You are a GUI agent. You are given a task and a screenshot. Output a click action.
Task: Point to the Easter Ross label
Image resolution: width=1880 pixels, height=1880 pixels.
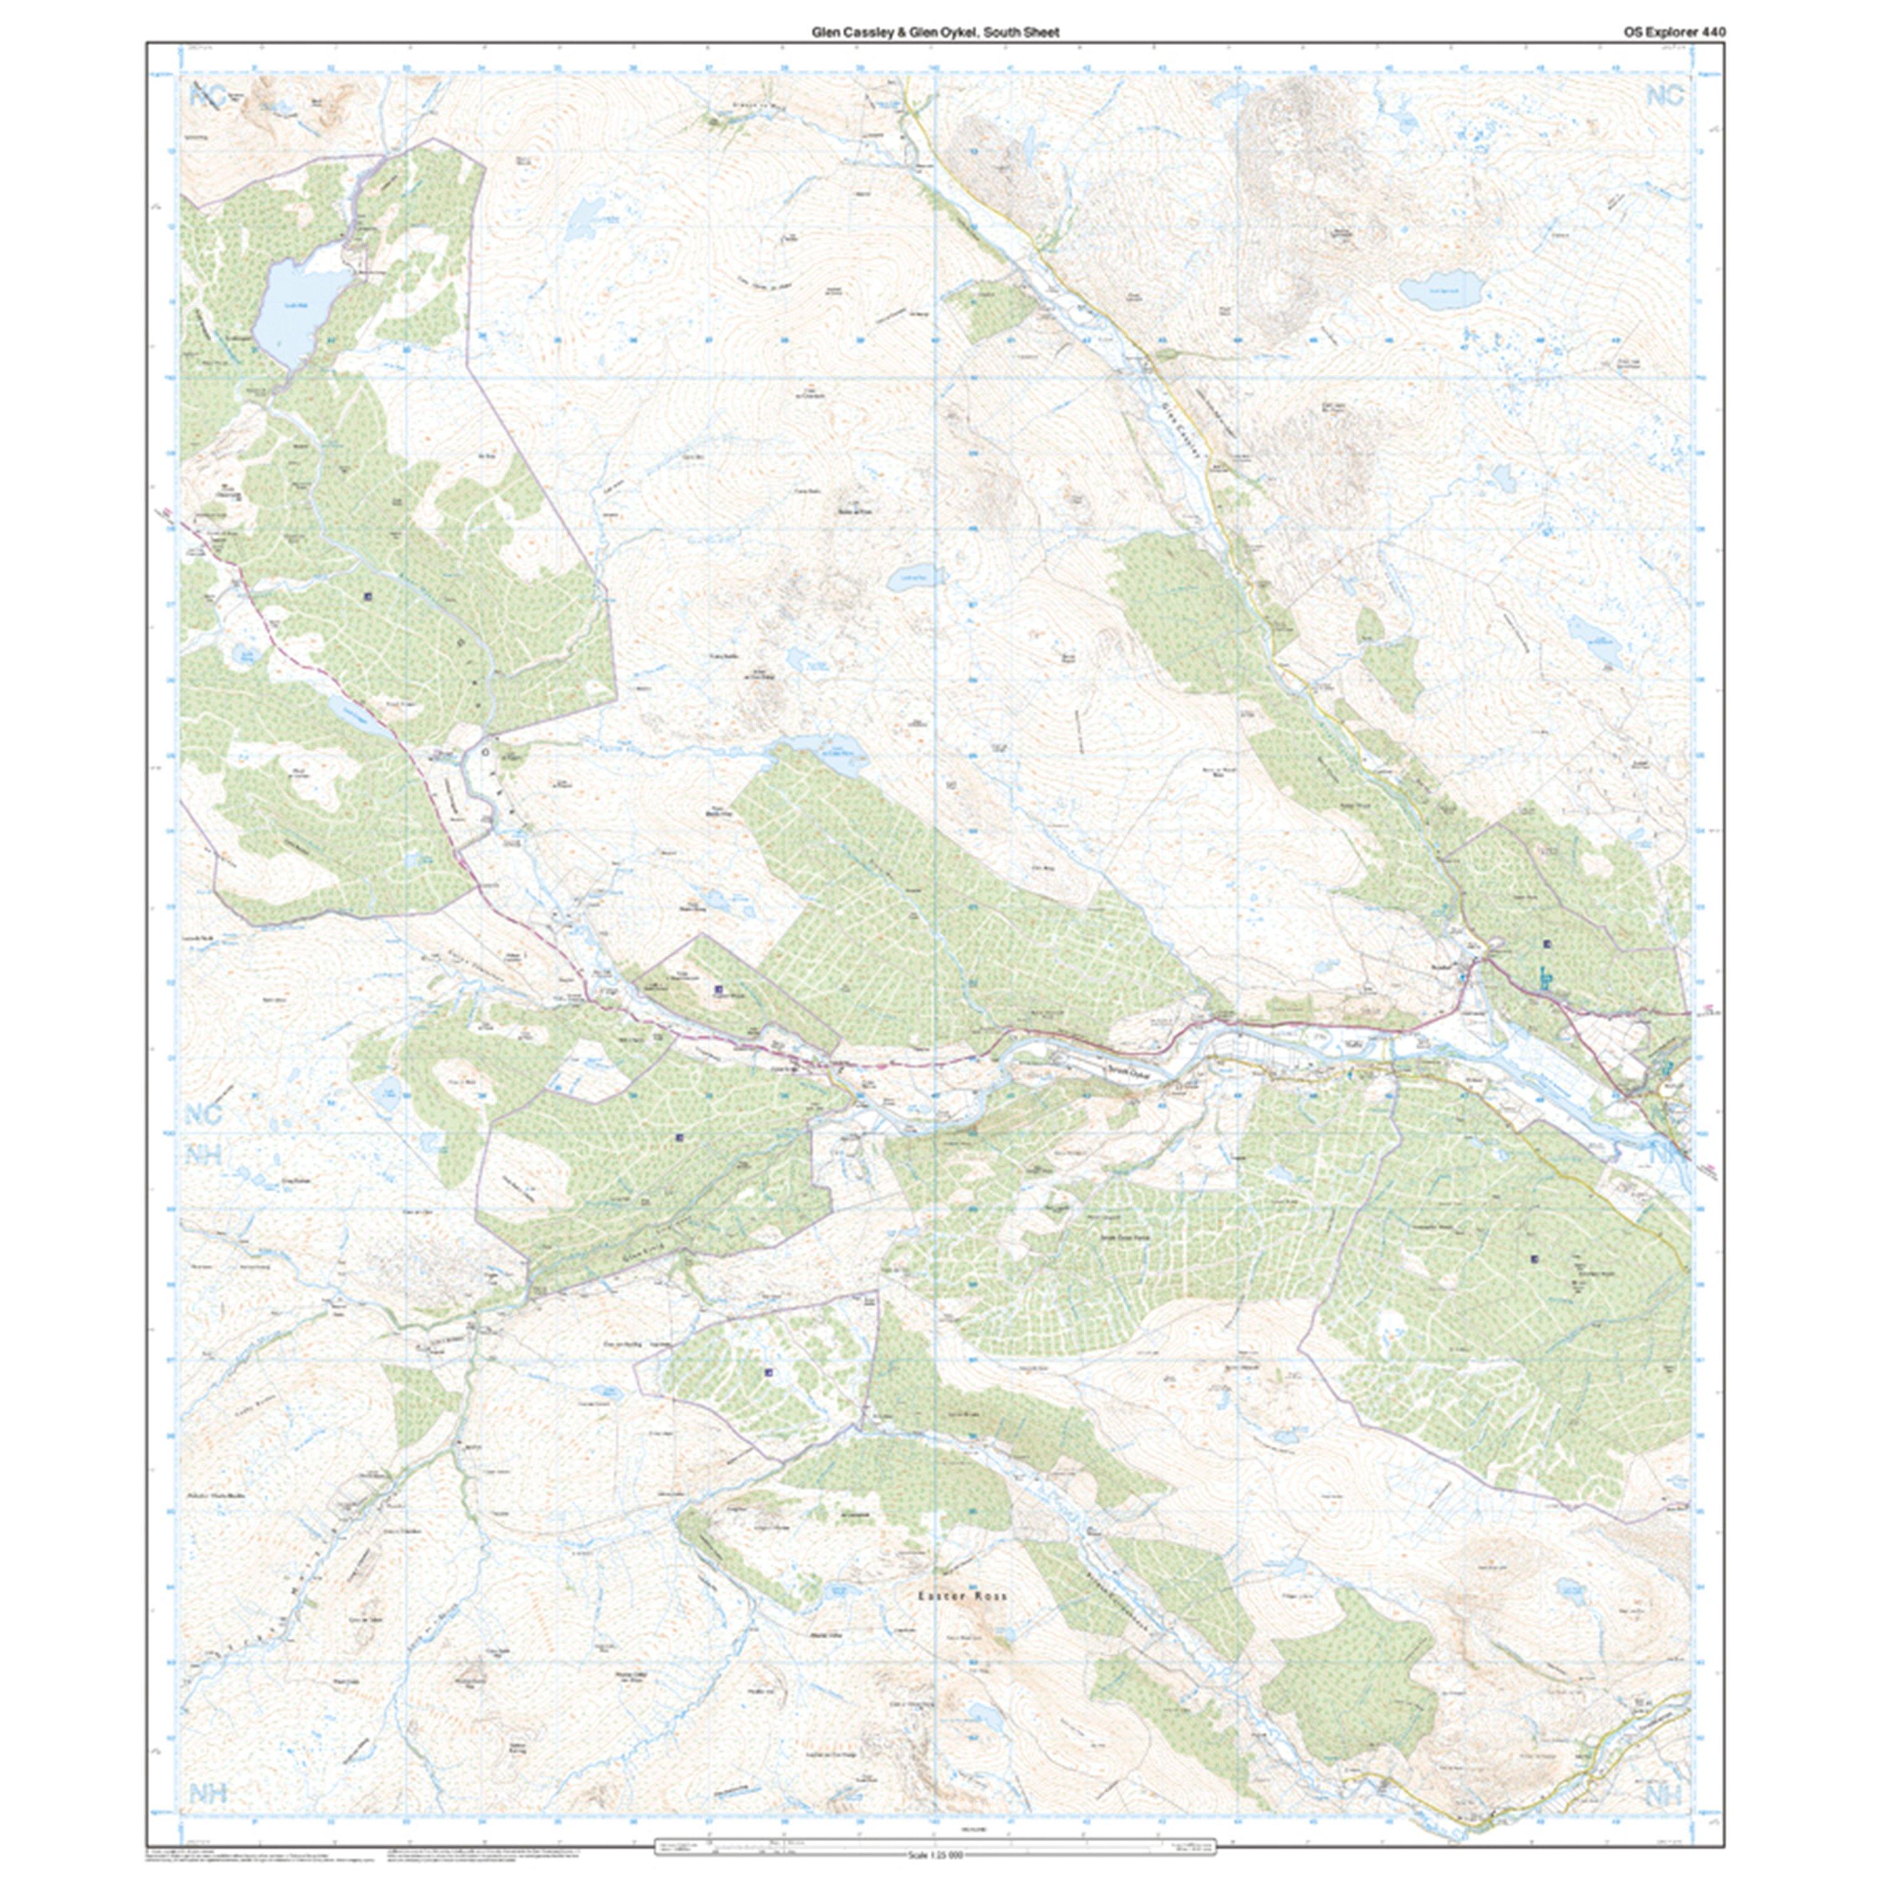(963, 1597)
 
